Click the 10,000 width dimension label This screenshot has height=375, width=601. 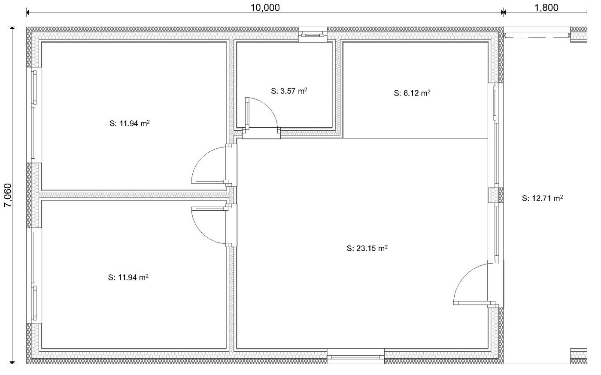265,8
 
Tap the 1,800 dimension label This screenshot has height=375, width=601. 546,8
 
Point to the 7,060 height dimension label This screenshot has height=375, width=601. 8,195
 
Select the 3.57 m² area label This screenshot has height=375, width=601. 288,91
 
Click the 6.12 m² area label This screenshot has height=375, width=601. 412,93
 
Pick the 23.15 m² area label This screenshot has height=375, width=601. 367,248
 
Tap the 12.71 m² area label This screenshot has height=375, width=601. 542,198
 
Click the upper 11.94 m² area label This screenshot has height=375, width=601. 129,123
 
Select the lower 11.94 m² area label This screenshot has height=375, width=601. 128,277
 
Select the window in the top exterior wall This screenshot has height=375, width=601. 313,34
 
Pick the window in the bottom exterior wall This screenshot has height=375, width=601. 355,357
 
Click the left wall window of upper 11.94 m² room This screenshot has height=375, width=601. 34,115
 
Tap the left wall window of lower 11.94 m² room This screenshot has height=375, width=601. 34,276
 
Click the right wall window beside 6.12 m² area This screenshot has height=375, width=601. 496,135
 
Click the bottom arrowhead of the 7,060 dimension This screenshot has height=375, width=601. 12,362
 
